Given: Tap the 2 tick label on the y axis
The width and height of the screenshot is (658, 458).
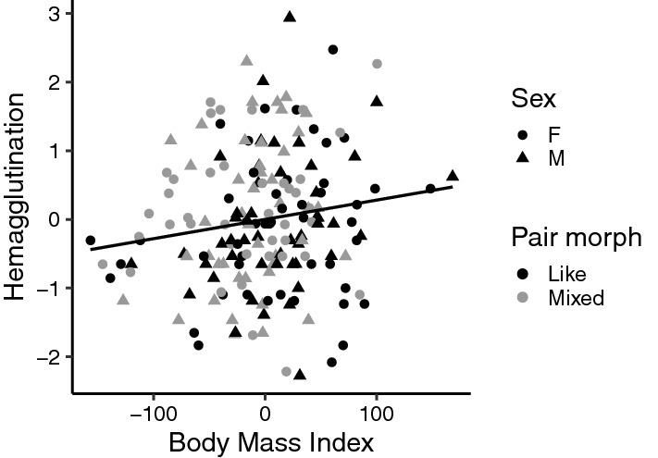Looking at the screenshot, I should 55,82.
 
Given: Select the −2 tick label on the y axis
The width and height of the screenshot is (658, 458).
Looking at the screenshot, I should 49,357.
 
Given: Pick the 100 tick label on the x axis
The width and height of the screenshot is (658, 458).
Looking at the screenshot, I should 377,410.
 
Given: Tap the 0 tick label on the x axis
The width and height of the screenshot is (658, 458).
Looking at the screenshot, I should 266,410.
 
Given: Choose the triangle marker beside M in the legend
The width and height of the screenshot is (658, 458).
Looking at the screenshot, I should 524,158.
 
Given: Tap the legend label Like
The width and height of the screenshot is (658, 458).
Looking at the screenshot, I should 566,273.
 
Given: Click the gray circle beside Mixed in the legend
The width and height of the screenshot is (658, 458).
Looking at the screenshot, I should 524,298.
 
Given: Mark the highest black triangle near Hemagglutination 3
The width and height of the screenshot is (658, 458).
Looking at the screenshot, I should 290,17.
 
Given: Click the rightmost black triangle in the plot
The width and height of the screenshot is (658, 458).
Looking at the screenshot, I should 453,175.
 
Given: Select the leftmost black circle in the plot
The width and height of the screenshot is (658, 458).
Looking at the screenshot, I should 91,241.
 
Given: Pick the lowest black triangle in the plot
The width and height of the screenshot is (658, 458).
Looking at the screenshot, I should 299,374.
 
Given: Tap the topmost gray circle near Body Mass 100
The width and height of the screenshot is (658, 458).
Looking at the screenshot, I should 378,64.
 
